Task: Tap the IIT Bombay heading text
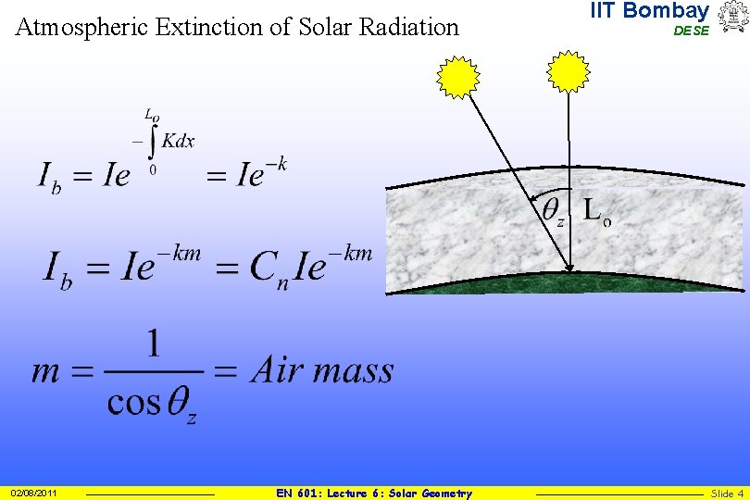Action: [649, 11]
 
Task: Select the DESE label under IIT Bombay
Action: [691, 31]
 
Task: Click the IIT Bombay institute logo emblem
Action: [731, 18]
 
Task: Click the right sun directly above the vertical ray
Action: [568, 72]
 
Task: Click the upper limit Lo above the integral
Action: [152, 115]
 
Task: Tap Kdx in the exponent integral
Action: [178, 142]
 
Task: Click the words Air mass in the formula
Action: [322, 371]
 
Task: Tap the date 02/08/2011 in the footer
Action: [33, 494]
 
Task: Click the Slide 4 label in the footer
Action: [727, 494]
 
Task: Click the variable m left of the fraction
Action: [46, 372]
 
